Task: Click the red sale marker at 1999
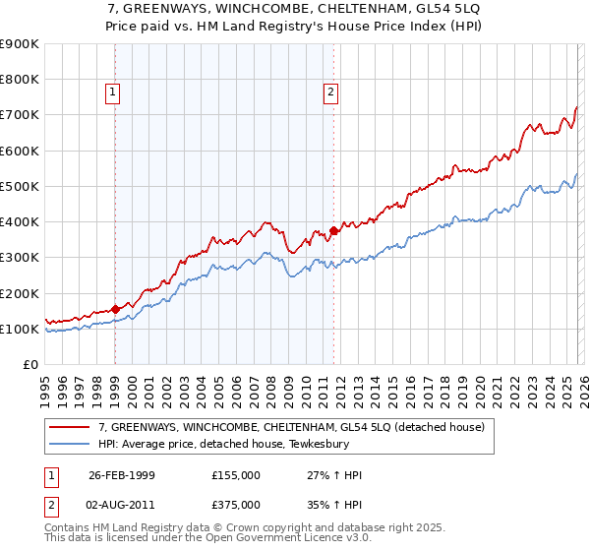[x=115, y=309]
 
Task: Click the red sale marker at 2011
[x=333, y=231]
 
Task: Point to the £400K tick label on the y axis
[x=20, y=222]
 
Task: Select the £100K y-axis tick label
[x=20, y=330]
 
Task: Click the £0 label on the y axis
[x=29, y=365]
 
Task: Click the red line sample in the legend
[x=71, y=428]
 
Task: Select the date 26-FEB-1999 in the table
[x=121, y=475]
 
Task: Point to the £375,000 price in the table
[x=235, y=504]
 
